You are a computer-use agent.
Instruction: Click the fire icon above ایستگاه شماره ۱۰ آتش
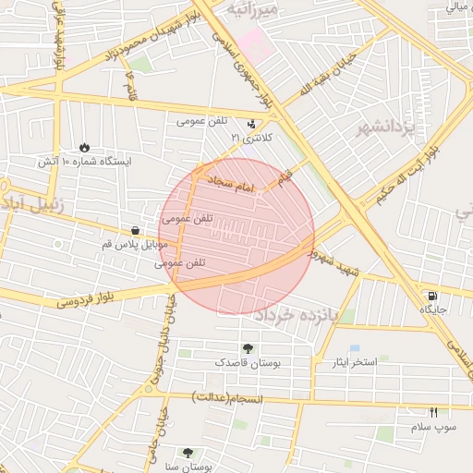(x=85, y=147)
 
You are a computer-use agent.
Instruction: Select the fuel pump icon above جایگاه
(x=433, y=296)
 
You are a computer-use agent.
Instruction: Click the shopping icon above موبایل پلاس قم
(x=136, y=231)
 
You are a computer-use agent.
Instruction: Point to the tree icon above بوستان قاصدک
(x=248, y=348)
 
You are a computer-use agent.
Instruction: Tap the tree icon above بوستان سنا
(x=188, y=454)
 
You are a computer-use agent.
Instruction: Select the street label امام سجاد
(x=228, y=182)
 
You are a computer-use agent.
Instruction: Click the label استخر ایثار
(x=355, y=361)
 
